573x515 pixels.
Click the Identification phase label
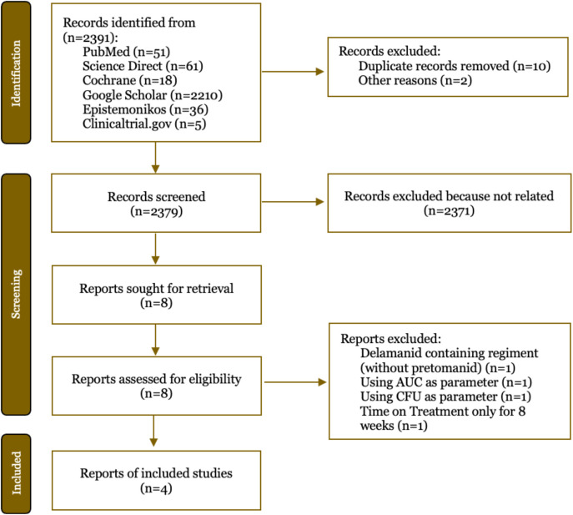click(16, 73)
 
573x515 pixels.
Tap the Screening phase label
click(16, 294)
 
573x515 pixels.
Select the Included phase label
click(17, 473)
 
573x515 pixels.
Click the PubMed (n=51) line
click(127, 52)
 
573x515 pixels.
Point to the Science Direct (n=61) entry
click(143, 66)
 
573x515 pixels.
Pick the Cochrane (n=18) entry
click(130, 80)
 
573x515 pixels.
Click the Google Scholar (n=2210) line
click(153, 95)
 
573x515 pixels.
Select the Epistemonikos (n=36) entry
click(145, 109)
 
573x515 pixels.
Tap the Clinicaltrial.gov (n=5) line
click(144, 124)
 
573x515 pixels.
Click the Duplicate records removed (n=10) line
click(455, 66)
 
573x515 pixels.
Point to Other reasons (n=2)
click(415, 80)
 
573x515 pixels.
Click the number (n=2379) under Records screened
click(156, 212)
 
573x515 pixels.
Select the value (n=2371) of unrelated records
click(449, 211)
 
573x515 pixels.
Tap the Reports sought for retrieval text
click(157, 289)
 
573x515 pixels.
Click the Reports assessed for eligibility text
click(157, 379)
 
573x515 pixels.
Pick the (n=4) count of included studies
click(156, 488)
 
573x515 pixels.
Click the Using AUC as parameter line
click(446, 382)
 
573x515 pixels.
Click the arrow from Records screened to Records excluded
click(293, 201)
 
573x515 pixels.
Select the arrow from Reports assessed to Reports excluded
click(295, 382)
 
